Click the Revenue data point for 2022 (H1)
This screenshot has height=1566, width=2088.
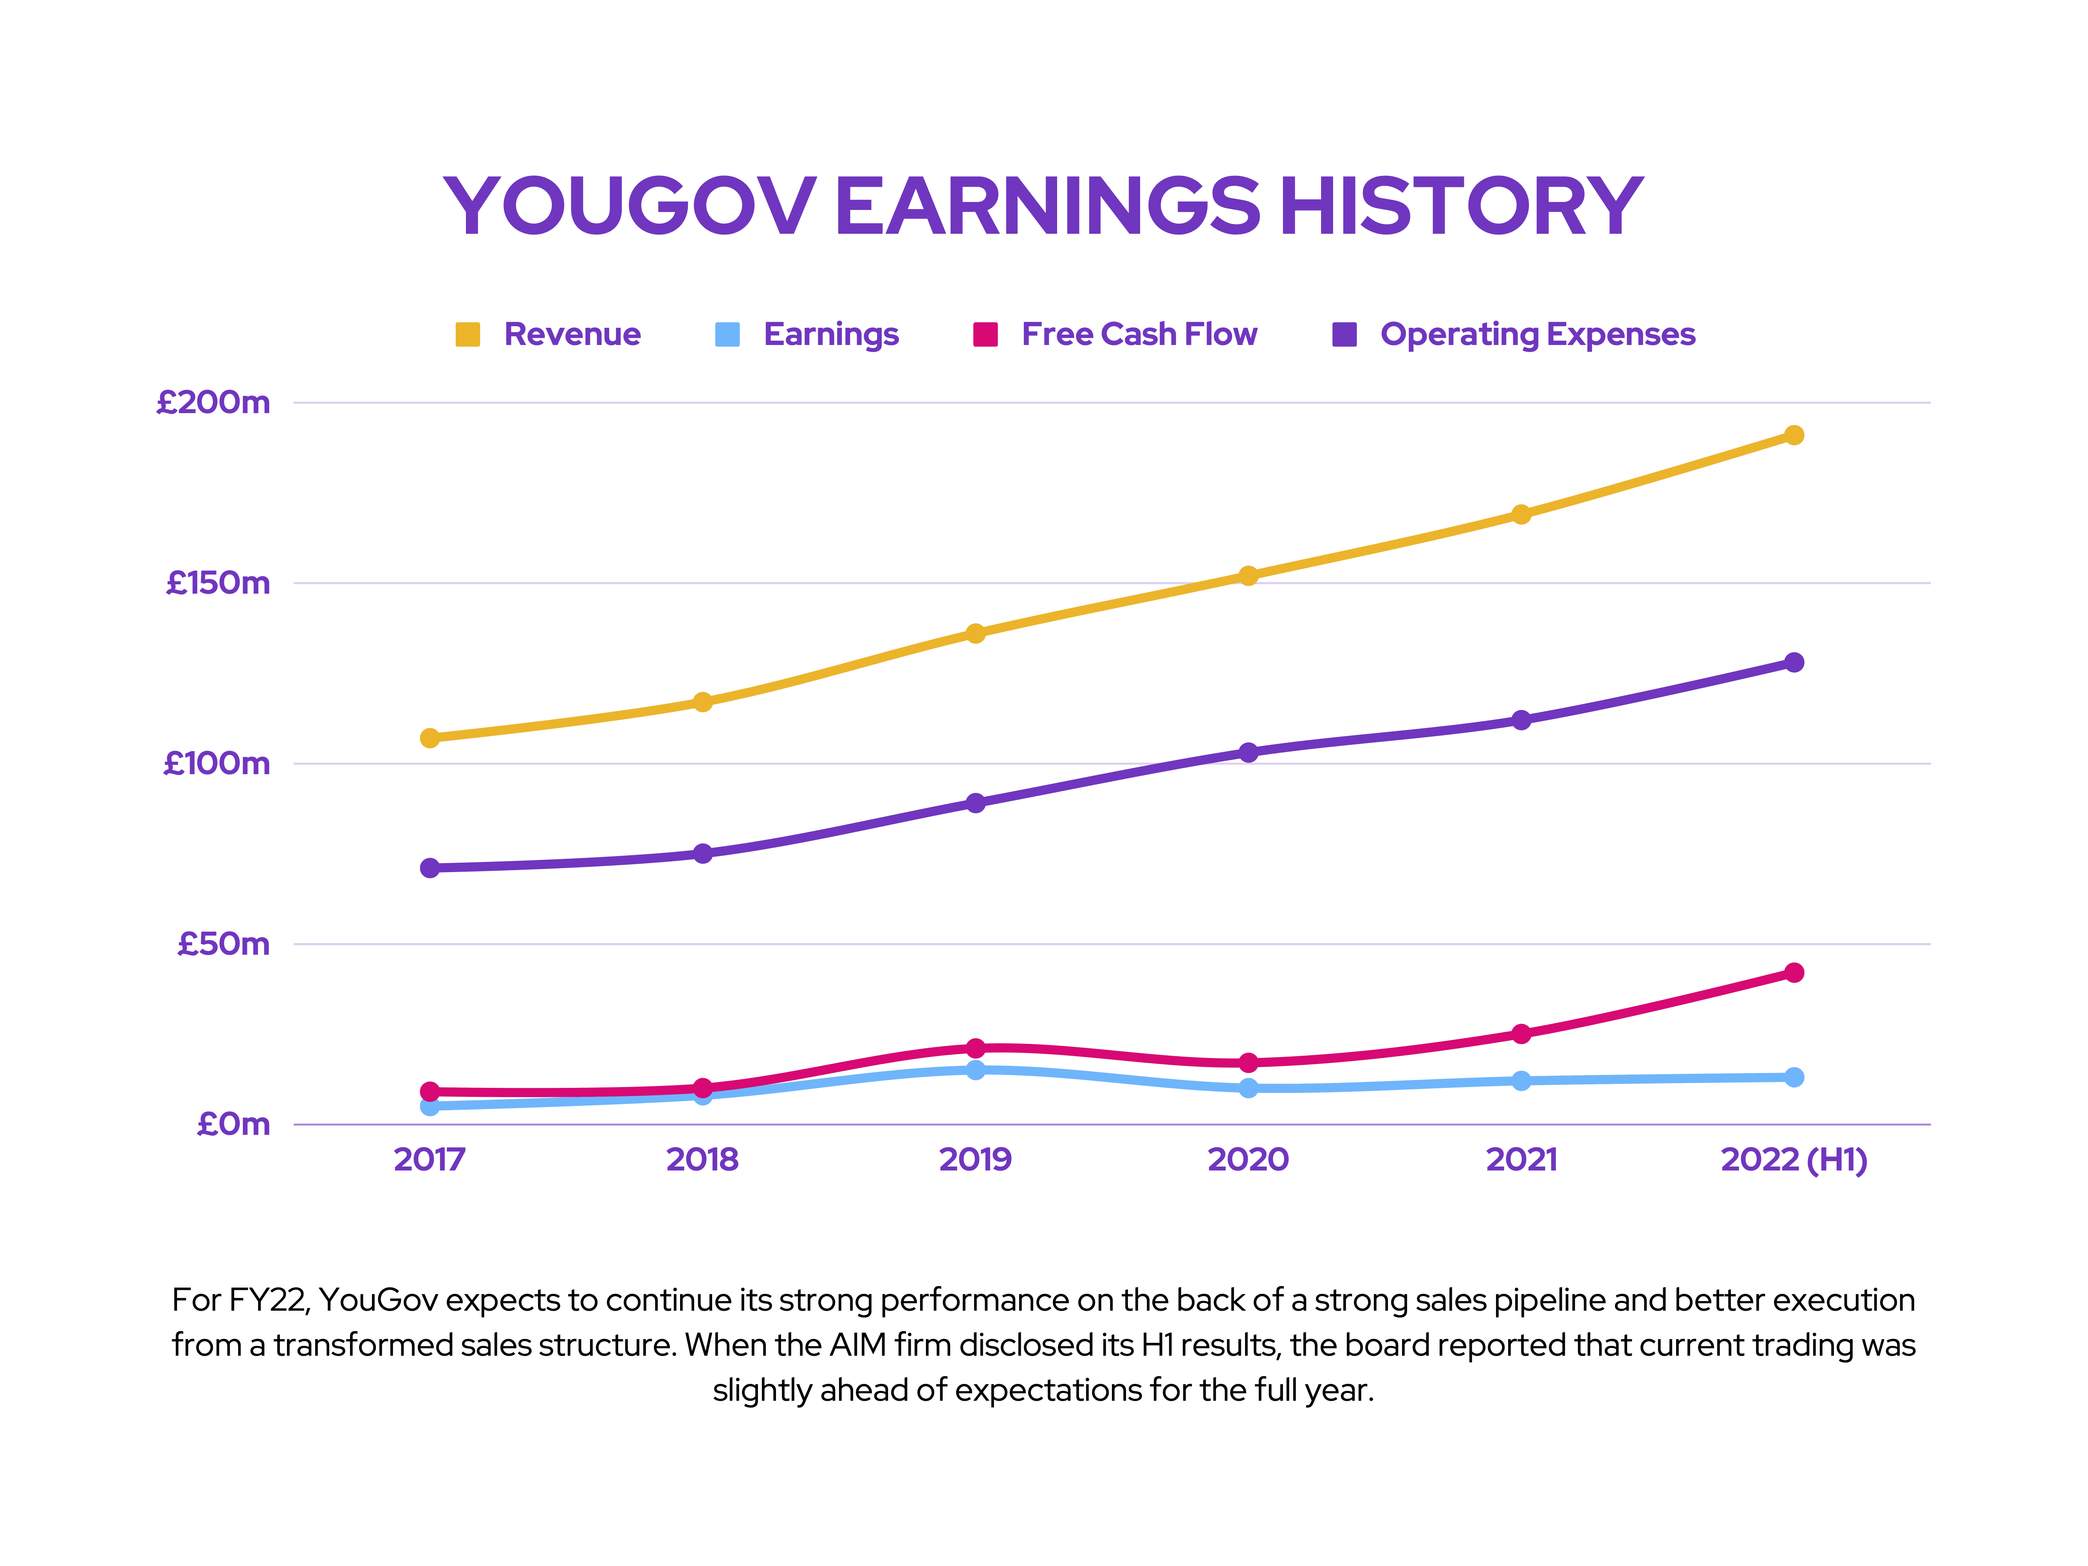pos(1794,435)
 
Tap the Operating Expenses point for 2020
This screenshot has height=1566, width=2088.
pos(1248,752)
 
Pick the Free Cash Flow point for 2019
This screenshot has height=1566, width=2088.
pos(975,1048)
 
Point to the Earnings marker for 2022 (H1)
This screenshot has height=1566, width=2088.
pos(1794,1077)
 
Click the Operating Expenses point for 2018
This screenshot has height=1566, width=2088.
pos(702,853)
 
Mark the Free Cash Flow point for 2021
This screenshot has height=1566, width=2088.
pos(1521,1033)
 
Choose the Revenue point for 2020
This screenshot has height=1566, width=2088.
pos(1248,576)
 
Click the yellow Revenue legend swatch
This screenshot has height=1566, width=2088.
pos(467,334)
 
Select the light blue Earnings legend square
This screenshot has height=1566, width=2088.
pos(727,334)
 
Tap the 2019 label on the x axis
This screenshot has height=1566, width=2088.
pos(975,1159)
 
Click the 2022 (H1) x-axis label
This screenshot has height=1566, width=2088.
pos(1794,1159)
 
